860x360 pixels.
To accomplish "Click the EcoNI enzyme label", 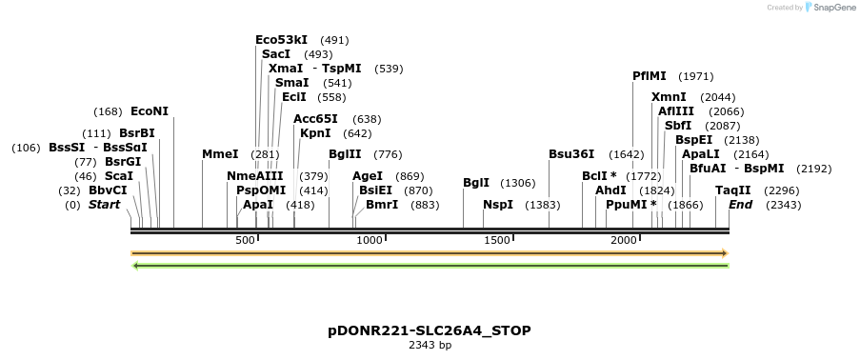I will coord(150,111).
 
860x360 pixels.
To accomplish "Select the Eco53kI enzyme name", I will coord(281,40).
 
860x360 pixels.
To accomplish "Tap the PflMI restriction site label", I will coord(650,76).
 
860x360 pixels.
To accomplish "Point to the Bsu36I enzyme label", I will coord(571,154).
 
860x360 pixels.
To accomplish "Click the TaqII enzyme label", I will coord(733,190).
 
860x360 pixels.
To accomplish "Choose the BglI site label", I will coord(476,183).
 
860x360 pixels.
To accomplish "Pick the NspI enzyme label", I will coord(498,205).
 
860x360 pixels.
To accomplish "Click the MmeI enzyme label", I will coord(220,154).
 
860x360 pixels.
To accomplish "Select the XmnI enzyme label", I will coord(669,97).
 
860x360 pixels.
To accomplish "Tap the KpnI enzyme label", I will coord(315,133).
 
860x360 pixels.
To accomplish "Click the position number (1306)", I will coord(518,183).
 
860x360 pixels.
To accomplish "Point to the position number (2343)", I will coord(781,205).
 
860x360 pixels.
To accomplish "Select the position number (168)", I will coord(108,111).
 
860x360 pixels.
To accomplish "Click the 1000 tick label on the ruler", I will coord(370,240).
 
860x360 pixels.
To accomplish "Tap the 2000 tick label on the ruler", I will coord(624,240).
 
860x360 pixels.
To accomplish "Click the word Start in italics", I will coord(106,205).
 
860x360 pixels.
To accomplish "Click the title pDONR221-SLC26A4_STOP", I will coord(430,330).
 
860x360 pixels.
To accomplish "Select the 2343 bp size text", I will coord(430,345).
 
